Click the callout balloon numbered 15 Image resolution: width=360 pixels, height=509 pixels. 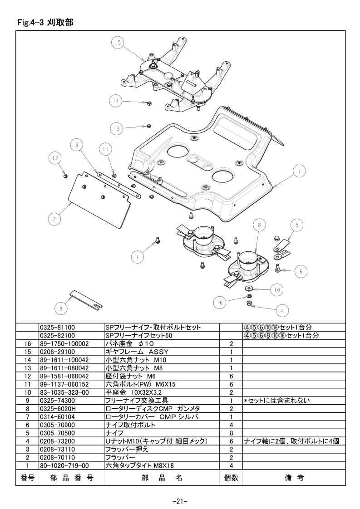(117, 43)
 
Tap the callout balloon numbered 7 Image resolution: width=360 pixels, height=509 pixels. (299, 171)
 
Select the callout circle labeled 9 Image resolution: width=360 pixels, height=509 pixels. (61, 308)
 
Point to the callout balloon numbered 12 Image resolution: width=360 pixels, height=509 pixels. (55, 158)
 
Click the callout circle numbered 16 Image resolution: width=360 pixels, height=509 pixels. (220, 303)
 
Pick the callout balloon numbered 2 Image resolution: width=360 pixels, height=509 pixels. (54, 219)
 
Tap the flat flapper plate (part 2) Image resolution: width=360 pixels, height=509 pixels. (99, 199)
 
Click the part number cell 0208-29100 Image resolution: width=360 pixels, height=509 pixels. (57, 352)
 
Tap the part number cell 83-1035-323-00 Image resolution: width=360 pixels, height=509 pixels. (64, 392)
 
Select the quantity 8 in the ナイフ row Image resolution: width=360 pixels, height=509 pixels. (232, 433)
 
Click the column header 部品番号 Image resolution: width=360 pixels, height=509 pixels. (71, 478)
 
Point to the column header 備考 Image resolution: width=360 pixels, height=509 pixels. (294, 478)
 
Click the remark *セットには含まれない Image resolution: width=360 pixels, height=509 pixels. (276, 401)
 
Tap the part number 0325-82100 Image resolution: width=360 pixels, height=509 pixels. (57, 336)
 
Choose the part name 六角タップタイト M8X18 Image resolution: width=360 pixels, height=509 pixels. (139, 465)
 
